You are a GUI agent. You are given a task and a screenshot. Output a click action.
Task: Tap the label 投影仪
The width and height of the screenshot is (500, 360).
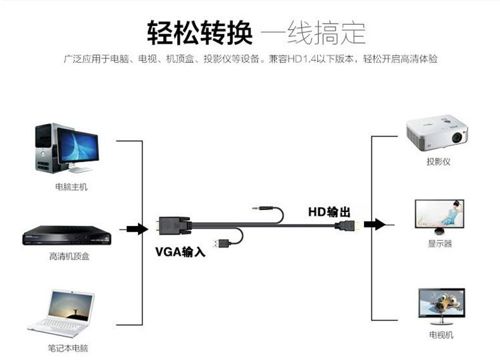click(x=438, y=162)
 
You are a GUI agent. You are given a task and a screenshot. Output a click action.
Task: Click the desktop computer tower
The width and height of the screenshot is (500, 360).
click(x=44, y=148)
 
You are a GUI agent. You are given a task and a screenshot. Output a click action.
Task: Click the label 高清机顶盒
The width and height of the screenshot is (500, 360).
click(x=69, y=257)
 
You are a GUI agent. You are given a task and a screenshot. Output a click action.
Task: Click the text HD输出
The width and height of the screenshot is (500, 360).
click(x=329, y=211)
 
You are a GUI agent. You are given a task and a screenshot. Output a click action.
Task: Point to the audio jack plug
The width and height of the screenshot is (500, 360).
click(x=259, y=207)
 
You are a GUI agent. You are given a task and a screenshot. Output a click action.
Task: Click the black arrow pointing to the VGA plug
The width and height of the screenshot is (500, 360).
click(x=137, y=228)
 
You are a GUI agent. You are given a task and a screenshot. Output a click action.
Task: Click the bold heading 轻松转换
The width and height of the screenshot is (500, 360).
click(x=199, y=31)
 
